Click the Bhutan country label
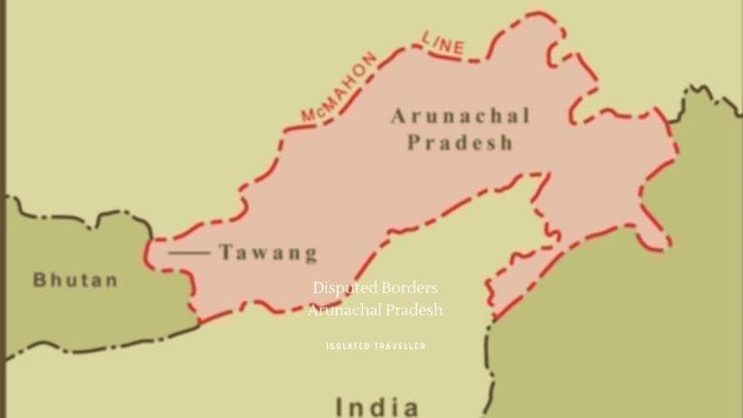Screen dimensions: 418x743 (75, 281)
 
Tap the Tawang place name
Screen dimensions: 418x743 (268, 254)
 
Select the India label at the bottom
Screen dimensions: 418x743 (376, 406)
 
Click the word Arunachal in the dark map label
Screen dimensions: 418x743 (461, 117)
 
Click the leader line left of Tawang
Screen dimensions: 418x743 (189, 253)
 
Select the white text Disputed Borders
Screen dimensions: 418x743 (375, 288)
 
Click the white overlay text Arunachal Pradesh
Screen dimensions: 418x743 (375, 310)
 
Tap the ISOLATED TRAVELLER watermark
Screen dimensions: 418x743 (375, 345)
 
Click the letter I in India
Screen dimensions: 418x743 (339, 406)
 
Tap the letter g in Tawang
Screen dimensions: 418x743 (309, 256)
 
